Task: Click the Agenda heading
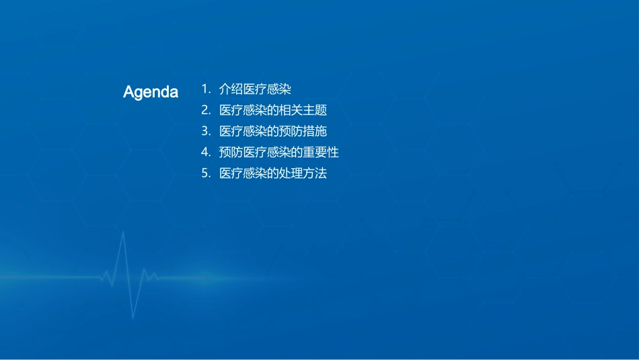pos(151,92)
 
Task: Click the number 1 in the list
pos(204,89)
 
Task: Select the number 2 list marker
pos(205,110)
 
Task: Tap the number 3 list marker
pos(205,131)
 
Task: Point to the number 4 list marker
pos(205,152)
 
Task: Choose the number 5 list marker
pos(205,173)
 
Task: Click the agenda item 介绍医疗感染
pos(255,89)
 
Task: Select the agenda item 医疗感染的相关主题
pos(273,110)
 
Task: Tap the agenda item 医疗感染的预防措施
pos(273,131)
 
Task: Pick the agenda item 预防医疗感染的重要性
pos(279,152)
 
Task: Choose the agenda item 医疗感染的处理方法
pos(273,173)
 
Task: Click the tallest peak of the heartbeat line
pos(123,233)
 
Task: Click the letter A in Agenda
pos(128,92)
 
